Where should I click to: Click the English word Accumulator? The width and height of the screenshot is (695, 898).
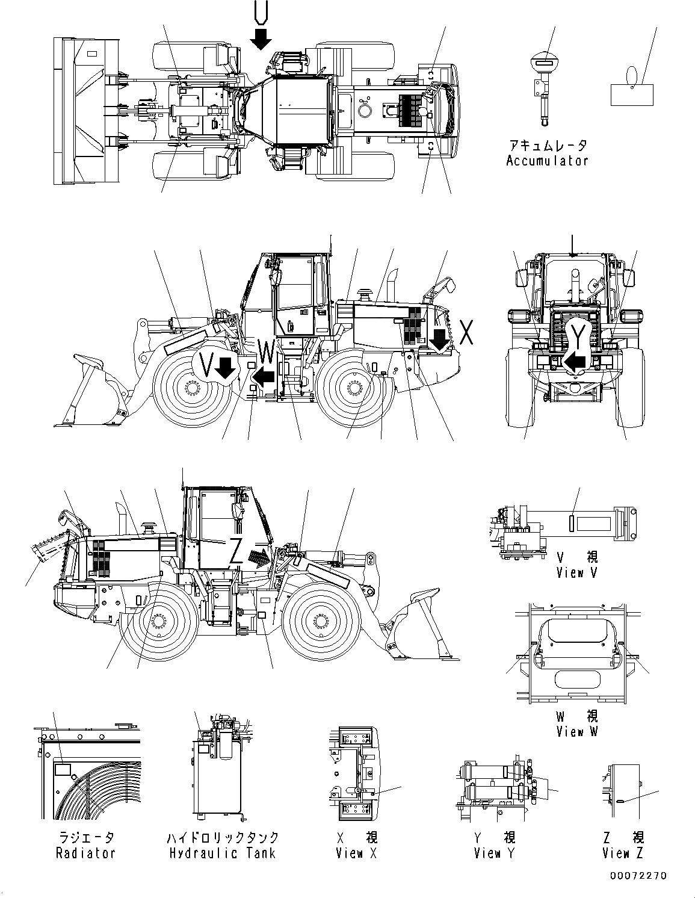tap(546, 161)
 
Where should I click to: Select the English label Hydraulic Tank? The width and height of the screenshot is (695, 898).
tap(222, 853)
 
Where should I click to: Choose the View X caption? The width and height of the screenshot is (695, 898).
tap(356, 853)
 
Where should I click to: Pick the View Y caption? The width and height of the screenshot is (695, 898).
tap(494, 853)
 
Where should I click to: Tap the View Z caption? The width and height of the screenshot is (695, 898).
tap(622, 853)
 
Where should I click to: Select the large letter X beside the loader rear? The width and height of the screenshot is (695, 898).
tap(465, 333)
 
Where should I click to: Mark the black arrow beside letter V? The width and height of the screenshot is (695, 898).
tap(226, 368)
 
